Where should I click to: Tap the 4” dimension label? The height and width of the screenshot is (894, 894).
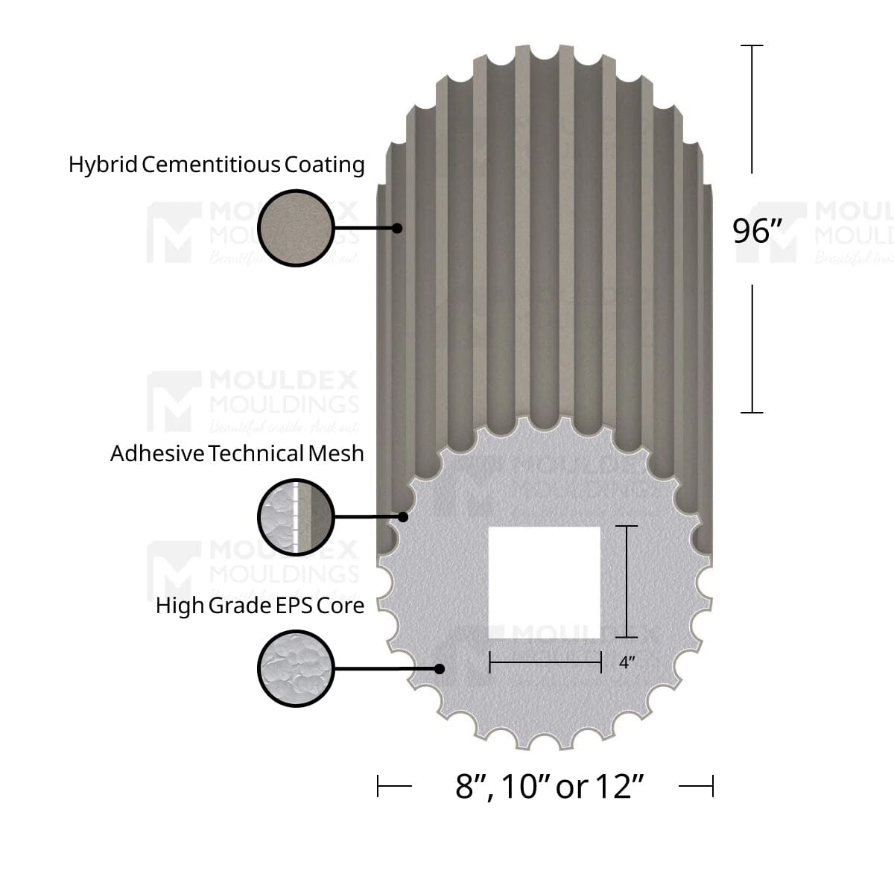627,662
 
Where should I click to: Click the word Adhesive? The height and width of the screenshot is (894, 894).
157,454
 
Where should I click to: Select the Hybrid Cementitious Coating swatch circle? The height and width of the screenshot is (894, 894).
296,228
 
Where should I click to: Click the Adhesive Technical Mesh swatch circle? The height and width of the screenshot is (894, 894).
296,517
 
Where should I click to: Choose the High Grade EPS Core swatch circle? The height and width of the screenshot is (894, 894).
296,668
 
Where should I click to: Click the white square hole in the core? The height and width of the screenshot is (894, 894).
544,583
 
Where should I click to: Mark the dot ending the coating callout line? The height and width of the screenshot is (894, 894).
398,228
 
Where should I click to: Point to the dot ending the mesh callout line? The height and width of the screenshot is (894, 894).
403,516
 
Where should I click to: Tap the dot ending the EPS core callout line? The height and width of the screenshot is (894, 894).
440,669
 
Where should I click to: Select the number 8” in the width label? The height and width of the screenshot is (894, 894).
470,787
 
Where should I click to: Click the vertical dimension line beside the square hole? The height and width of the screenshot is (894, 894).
627,582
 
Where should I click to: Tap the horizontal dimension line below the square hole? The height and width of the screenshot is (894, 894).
545,662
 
